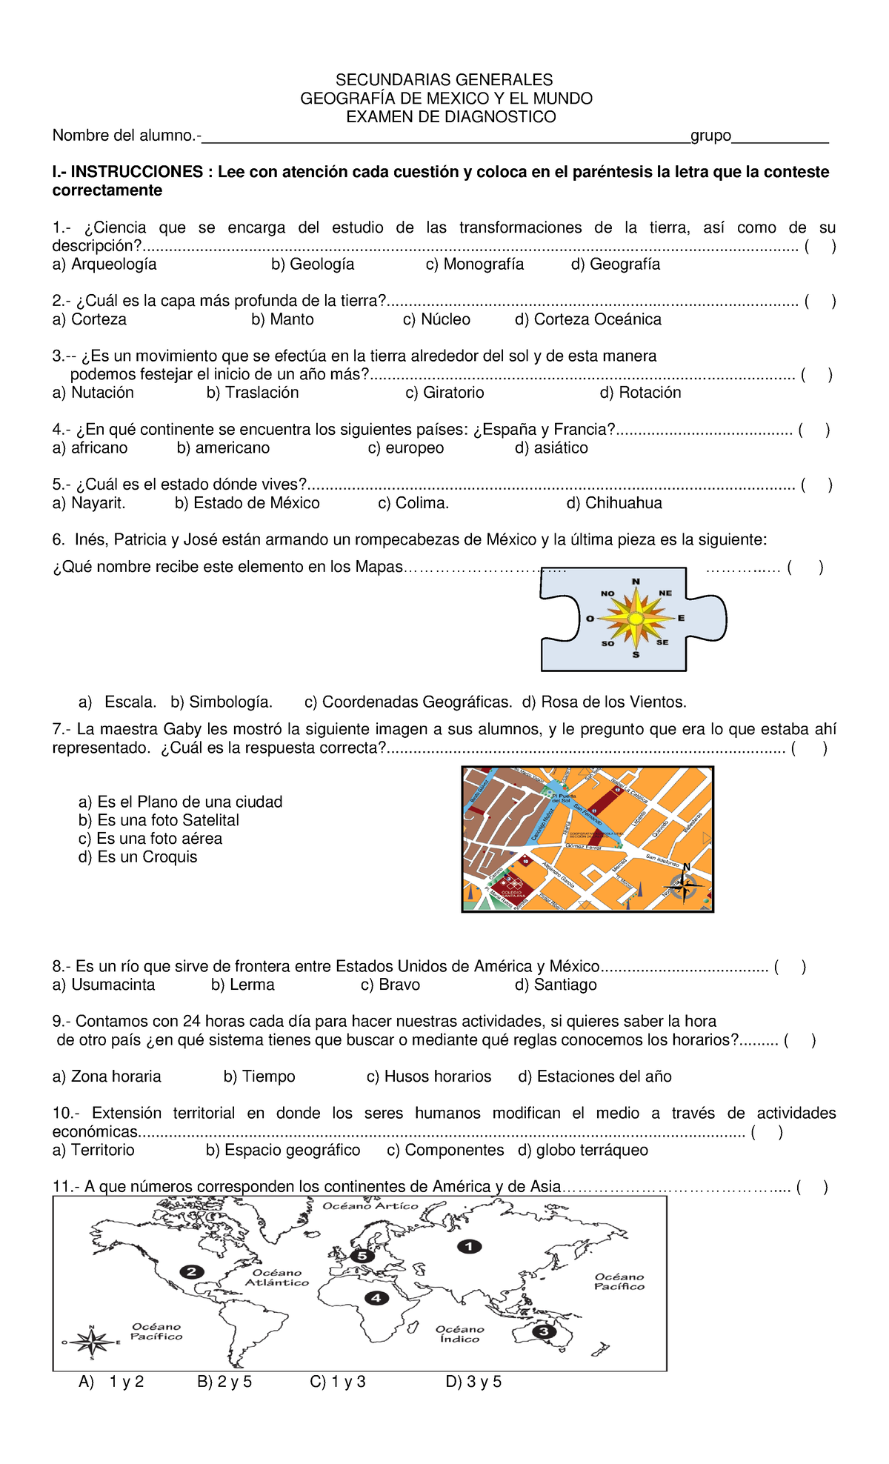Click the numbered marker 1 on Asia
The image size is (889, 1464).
click(468, 1246)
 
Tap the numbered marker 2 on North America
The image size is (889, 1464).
click(191, 1271)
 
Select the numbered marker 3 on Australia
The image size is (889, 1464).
click(544, 1331)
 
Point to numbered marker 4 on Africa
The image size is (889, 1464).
click(377, 1297)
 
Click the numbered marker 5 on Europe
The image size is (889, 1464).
click(362, 1256)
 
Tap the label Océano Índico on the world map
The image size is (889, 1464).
click(459, 1334)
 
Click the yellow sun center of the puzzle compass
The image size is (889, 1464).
click(636, 618)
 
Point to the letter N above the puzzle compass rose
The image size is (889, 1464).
click(636, 582)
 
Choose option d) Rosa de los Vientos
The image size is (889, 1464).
click(604, 702)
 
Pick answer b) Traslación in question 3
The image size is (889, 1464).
click(253, 393)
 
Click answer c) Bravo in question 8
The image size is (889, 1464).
click(390, 985)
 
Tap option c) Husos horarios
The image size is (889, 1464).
click(429, 1077)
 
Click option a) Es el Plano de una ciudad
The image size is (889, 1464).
click(180, 802)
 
